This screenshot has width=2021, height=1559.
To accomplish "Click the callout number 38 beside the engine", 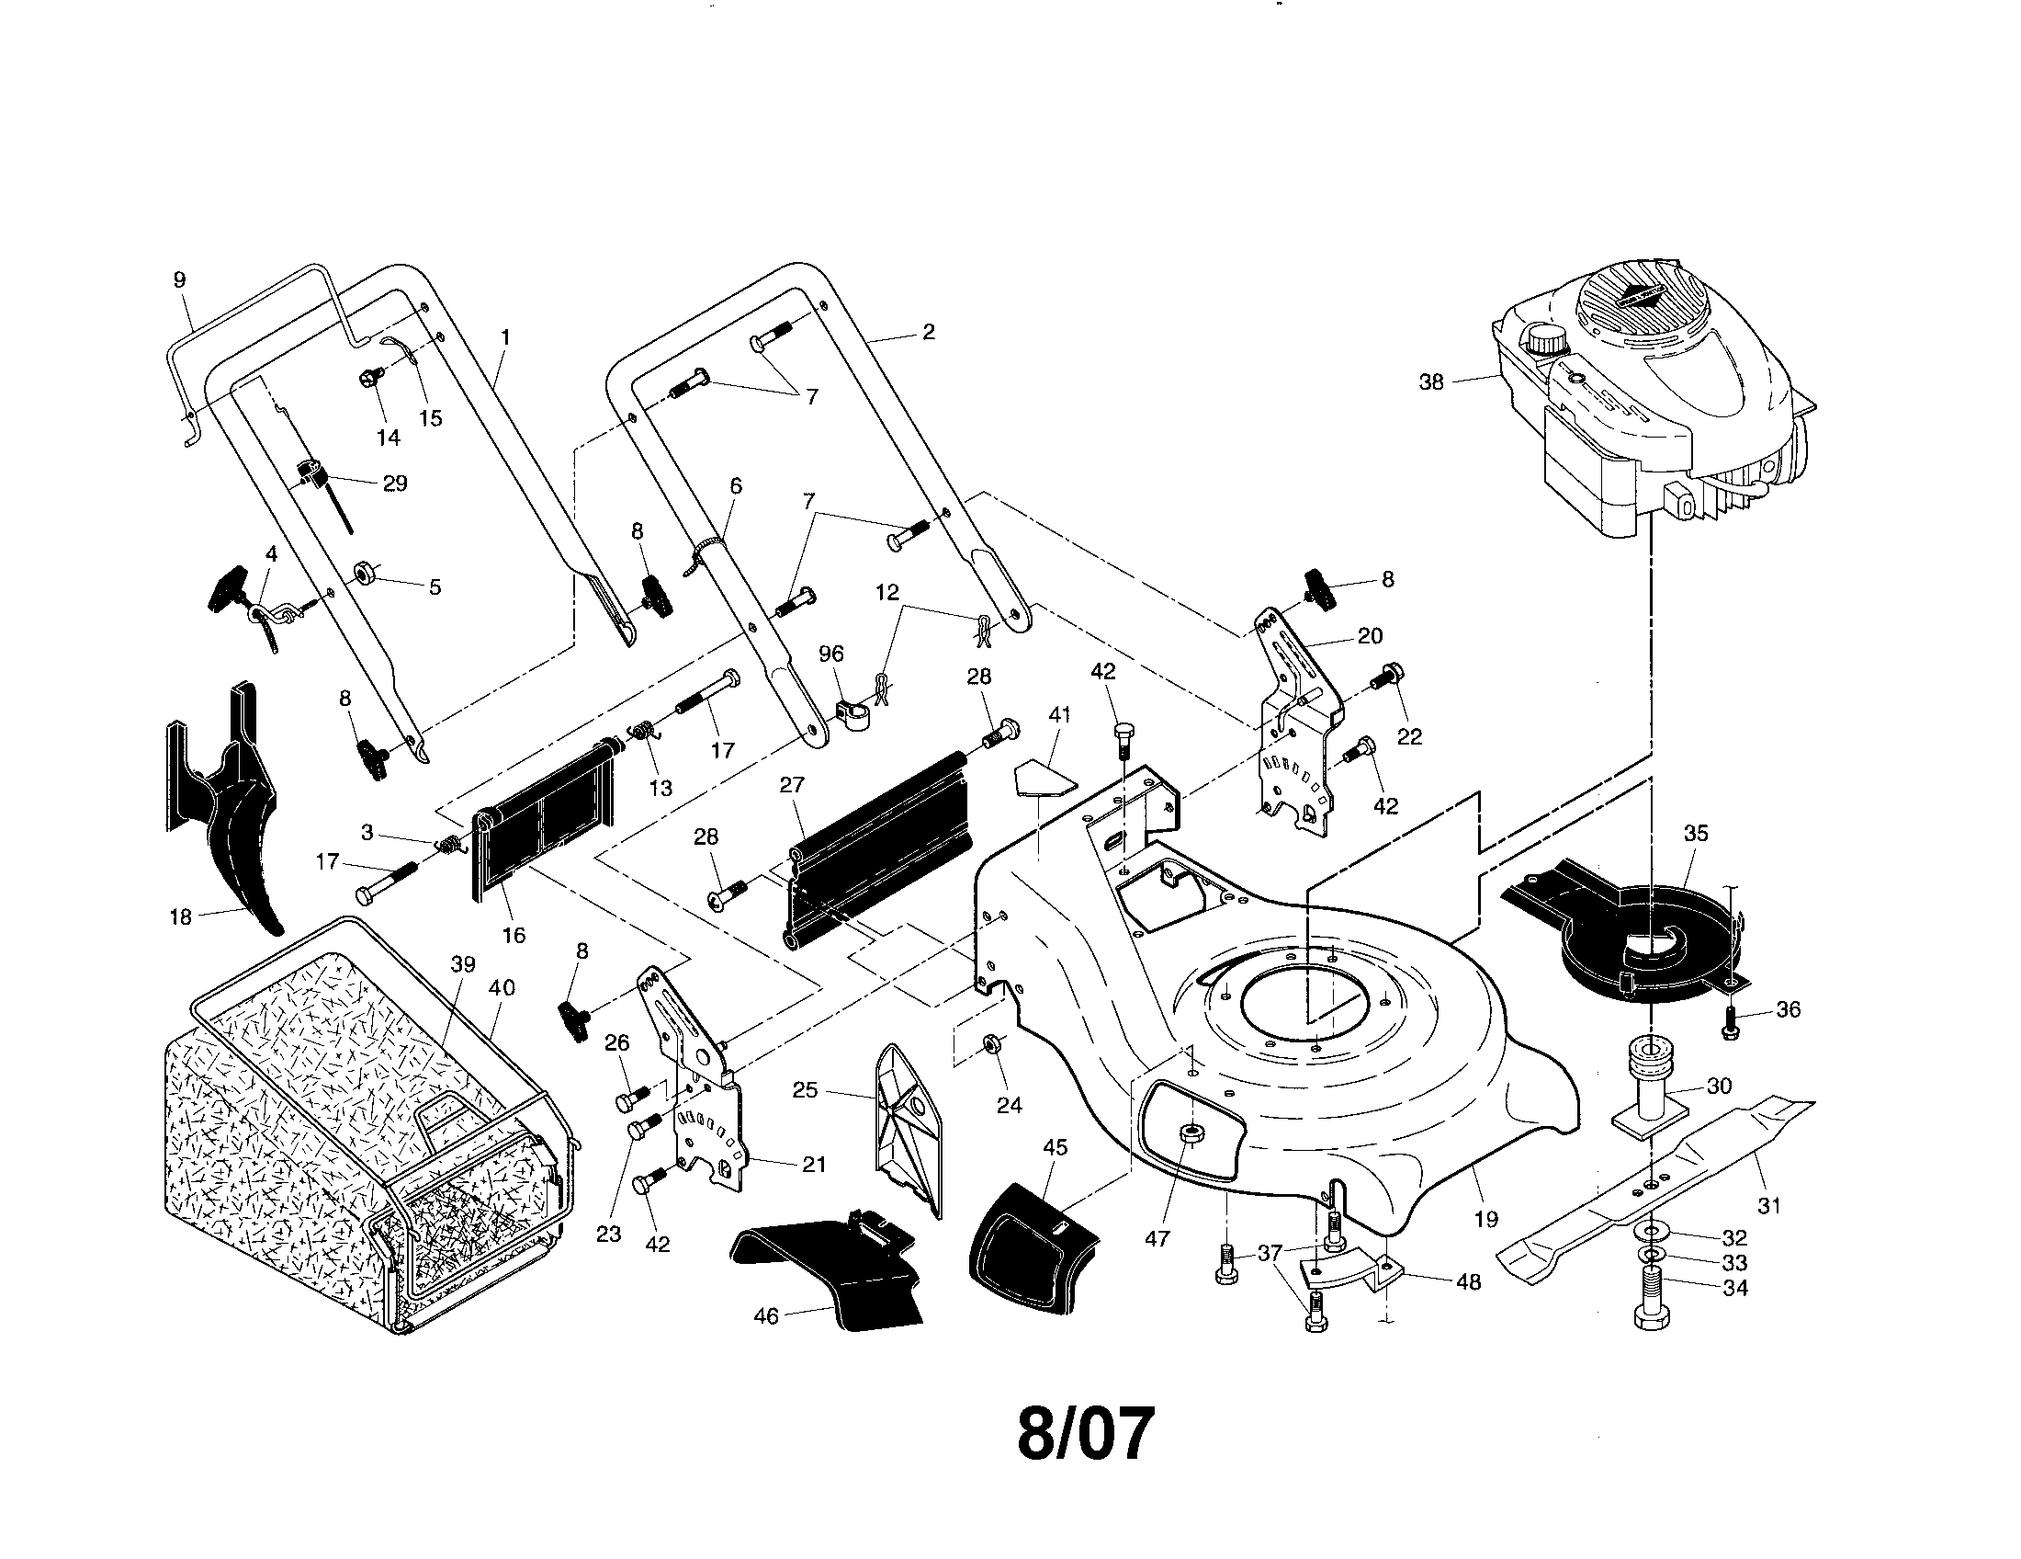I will click(x=1430, y=382).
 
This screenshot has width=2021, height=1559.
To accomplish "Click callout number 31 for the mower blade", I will click(x=1768, y=1205).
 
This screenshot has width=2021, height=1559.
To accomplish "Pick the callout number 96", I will click(x=831, y=654).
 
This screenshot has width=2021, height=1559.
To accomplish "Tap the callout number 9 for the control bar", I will click(x=179, y=279).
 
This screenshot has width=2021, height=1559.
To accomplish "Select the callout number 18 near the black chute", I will click(x=180, y=916).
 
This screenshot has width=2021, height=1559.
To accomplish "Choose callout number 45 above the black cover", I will click(x=1055, y=1148).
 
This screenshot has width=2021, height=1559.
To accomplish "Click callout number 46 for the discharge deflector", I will click(x=766, y=1315).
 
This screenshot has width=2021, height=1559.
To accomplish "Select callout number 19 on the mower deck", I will click(x=1485, y=1219).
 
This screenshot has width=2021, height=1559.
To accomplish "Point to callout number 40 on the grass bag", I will click(x=502, y=988).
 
